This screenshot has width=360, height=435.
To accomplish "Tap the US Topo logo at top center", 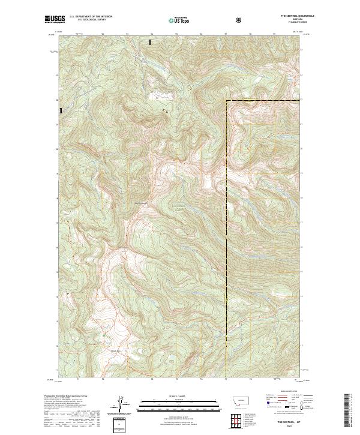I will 179,20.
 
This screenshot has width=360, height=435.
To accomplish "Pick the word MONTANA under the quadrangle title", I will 292,20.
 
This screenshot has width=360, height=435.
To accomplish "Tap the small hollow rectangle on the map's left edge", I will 61,110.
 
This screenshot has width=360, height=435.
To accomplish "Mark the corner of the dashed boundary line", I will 226,100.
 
